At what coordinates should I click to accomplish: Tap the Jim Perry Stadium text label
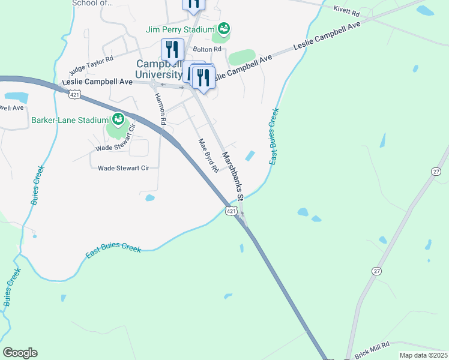tap(180, 29)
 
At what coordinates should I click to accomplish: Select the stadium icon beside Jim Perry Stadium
tap(224, 28)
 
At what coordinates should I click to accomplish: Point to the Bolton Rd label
tap(206, 49)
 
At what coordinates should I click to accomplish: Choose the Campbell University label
tap(158, 69)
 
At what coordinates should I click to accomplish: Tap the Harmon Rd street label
tap(160, 109)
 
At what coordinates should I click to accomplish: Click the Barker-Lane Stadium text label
tap(69, 120)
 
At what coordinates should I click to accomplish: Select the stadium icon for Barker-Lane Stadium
tap(118, 119)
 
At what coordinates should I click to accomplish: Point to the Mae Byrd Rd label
tap(208, 156)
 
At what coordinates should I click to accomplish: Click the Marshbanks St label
tap(233, 176)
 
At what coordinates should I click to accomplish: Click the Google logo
tap(20, 353)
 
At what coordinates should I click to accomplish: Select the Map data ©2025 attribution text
tap(423, 355)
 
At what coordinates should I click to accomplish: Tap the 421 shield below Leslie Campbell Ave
tap(74, 94)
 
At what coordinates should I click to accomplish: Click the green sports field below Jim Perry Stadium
tap(243, 58)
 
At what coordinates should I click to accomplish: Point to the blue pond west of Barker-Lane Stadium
tap(16, 97)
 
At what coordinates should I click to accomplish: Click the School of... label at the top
tap(92, 3)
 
